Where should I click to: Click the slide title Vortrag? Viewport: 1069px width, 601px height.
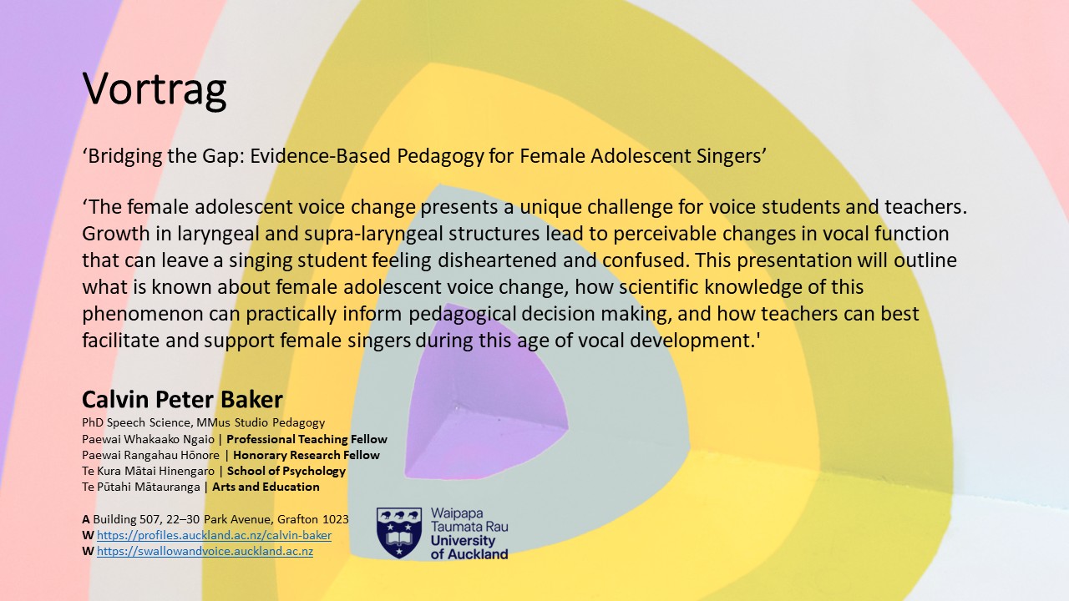click(155, 89)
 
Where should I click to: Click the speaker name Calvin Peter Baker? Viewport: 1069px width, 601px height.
click(182, 399)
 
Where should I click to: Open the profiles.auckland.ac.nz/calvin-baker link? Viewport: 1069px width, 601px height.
click(214, 535)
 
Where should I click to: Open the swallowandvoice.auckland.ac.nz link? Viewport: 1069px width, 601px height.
click(205, 552)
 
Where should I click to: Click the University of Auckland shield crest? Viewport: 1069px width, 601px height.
click(399, 533)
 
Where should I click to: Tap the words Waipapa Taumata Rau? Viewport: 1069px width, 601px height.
click(469, 520)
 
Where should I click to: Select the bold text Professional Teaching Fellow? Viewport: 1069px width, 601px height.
click(307, 439)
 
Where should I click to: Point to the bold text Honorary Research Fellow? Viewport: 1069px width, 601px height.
click(307, 455)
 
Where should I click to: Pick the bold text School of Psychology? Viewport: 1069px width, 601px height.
click(286, 472)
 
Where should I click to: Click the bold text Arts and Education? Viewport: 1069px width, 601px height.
click(266, 487)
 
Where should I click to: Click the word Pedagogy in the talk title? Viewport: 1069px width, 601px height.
click(440, 157)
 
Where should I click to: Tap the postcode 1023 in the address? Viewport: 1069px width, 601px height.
click(336, 519)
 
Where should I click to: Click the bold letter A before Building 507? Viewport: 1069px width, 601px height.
click(86, 519)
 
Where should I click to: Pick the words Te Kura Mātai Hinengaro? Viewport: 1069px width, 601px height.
click(149, 472)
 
